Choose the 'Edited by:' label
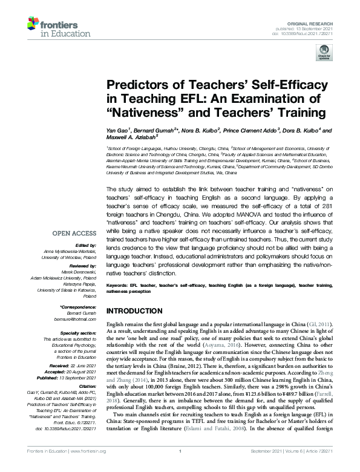click(85, 228)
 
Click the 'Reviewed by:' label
click(82, 249)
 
